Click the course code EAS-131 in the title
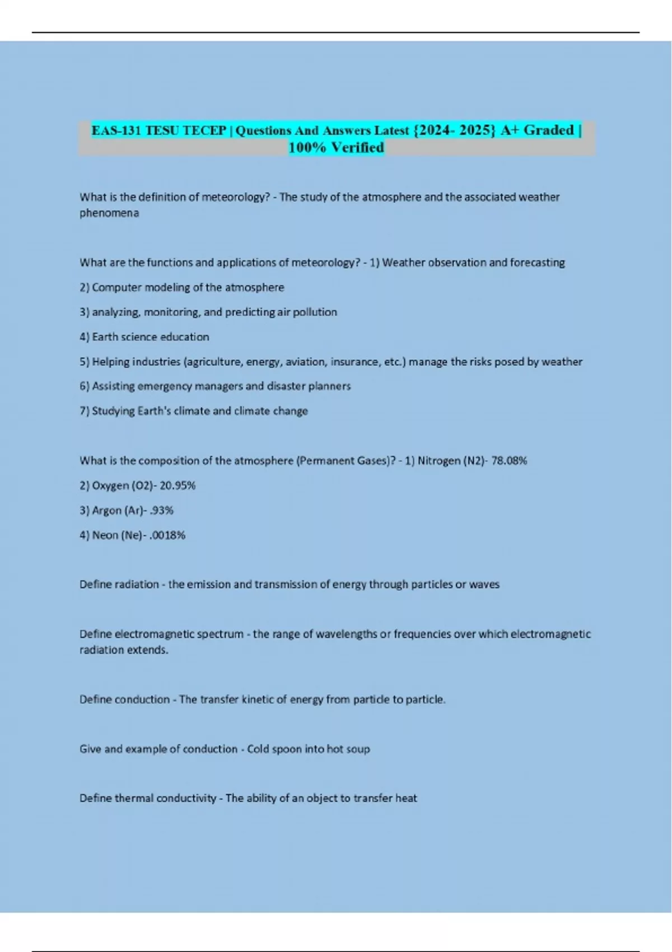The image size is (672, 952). tap(116, 130)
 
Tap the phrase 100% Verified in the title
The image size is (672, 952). tap(336, 147)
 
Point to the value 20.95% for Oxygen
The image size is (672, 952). tap(178, 486)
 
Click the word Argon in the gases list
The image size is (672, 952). tap(106, 510)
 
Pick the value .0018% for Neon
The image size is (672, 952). tap(167, 535)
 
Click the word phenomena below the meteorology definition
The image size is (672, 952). tap(109, 213)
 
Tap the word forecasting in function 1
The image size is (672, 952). tap(537, 262)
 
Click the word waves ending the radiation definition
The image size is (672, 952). tap(484, 584)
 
